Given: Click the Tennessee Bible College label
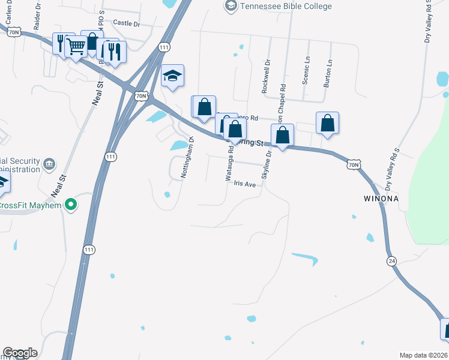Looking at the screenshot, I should [x=285, y=6].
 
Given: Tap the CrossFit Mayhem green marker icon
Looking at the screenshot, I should [x=71, y=205].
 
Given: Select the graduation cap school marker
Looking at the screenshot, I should [x=172, y=76].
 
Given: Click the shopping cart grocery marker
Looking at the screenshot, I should [x=76, y=46].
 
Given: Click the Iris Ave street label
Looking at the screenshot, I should [x=245, y=184].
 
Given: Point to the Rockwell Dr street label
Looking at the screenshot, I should [x=266, y=75].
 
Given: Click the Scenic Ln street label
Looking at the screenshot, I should [x=306, y=71].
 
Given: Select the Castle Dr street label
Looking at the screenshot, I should [x=126, y=23].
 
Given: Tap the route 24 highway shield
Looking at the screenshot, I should [x=391, y=260].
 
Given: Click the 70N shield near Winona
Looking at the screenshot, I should [x=354, y=163].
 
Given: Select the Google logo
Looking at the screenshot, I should [x=20, y=353].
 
